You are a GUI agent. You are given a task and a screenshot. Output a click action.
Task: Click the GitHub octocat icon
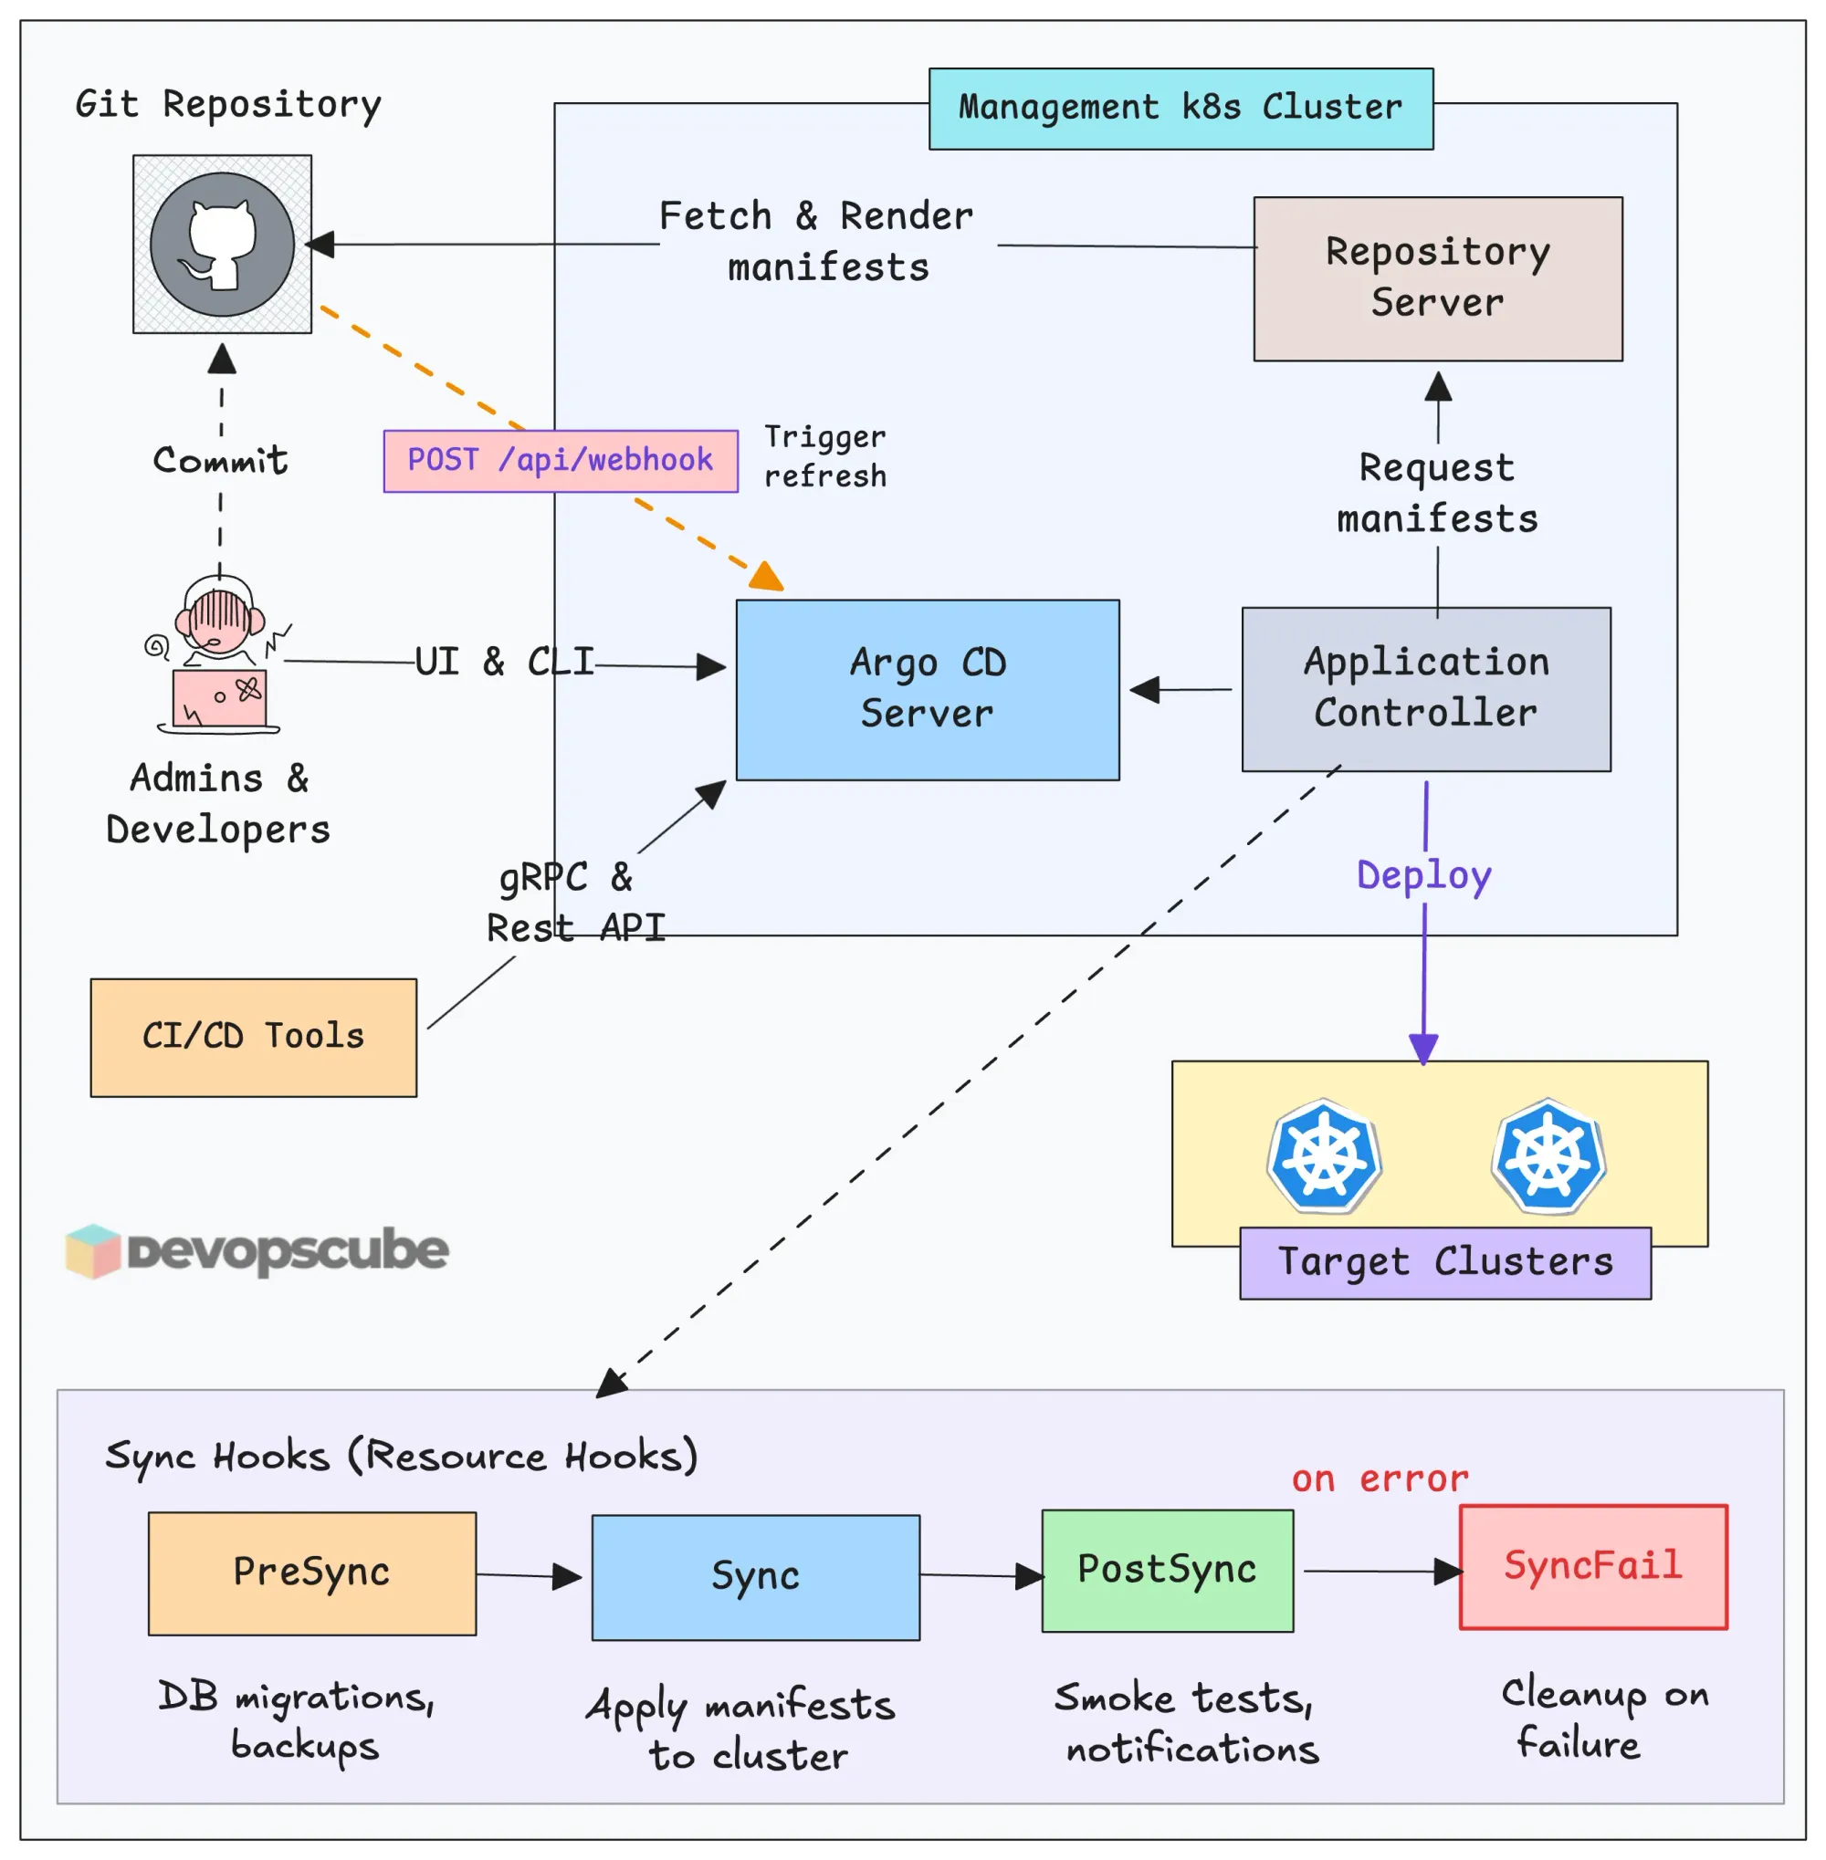(223, 245)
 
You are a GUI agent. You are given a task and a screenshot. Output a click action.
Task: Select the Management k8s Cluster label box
(1181, 109)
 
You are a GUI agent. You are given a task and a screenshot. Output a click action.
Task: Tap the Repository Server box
(1438, 278)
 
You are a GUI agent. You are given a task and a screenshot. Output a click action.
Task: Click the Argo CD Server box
(928, 689)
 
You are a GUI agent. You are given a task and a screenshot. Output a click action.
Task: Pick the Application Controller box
(1425, 688)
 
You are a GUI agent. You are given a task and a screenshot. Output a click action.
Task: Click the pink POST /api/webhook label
(560, 461)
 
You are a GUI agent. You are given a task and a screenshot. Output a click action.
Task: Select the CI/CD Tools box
(253, 1038)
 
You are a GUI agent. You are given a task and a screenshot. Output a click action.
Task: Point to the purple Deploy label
(1423, 875)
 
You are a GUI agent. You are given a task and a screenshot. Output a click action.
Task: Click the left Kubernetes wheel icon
(1325, 1155)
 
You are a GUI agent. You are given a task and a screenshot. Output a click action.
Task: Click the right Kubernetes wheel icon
(1548, 1155)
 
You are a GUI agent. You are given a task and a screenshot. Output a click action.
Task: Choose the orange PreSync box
(311, 1573)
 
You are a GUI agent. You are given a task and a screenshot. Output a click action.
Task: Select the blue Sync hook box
(755, 1577)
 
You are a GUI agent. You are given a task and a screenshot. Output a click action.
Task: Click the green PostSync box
(1167, 1571)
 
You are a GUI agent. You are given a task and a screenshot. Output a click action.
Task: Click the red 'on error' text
(1380, 1479)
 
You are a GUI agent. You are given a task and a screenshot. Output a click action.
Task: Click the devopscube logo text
(287, 1250)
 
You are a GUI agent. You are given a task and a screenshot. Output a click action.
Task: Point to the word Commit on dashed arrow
(221, 460)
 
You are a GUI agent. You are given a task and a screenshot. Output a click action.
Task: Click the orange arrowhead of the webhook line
(767, 577)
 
